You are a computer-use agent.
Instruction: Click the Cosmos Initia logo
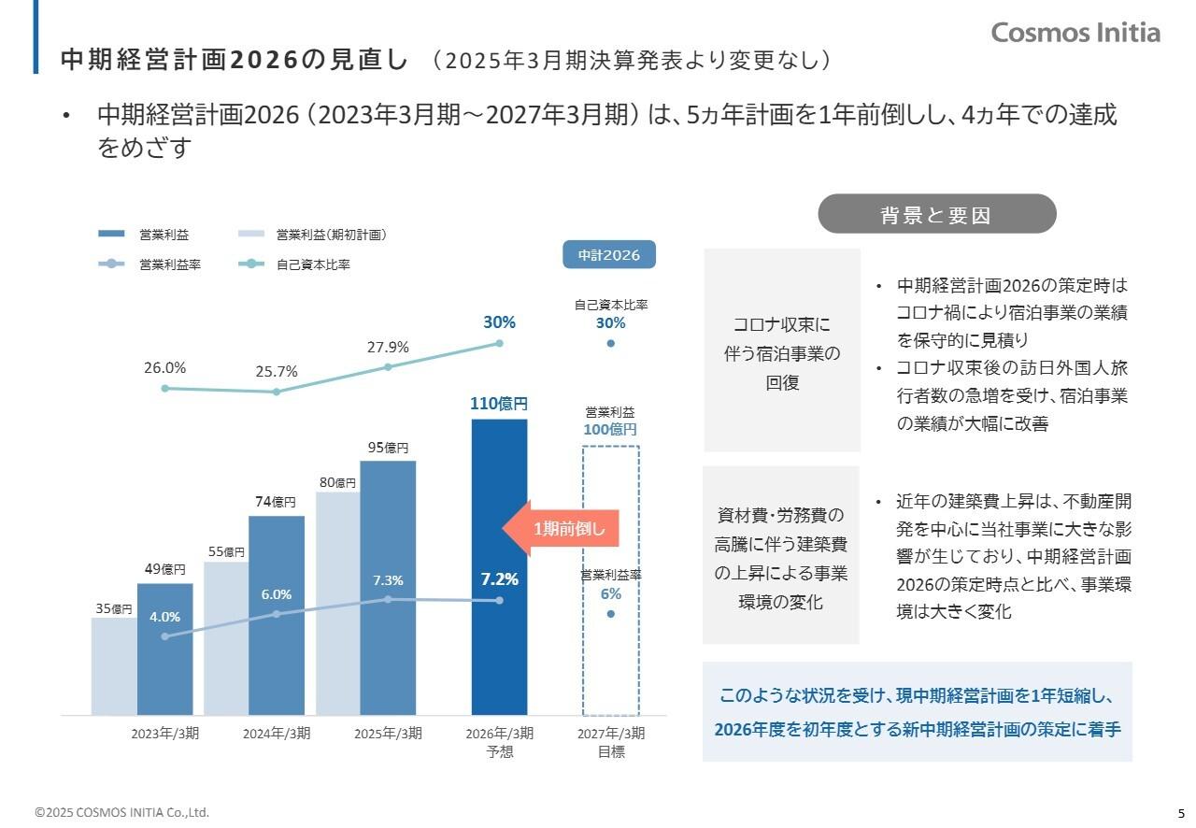tap(1075, 33)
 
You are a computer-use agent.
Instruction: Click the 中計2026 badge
tap(608, 255)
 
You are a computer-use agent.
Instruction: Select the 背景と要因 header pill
tap(936, 214)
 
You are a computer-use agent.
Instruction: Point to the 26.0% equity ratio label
tap(164, 368)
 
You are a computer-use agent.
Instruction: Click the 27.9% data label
tap(388, 347)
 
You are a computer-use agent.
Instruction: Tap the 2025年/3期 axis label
tap(388, 734)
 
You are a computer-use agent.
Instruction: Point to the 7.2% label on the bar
tap(499, 579)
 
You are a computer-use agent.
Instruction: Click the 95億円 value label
tap(388, 448)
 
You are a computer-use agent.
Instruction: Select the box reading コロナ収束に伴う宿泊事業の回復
tap(782, 350)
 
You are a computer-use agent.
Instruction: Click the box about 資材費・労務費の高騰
tap(781, 555)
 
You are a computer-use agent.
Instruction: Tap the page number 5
tap(1180, 812)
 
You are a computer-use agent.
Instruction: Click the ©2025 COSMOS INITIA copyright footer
tap(122, 812)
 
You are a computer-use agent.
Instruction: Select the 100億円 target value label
tap(610, 430)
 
